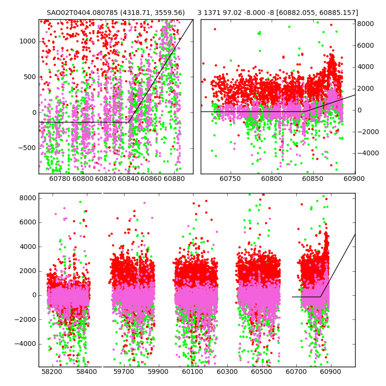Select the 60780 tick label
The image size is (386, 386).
(60, 179)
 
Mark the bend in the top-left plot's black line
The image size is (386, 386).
(129, 122)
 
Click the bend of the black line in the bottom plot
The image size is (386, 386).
(320, 297)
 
